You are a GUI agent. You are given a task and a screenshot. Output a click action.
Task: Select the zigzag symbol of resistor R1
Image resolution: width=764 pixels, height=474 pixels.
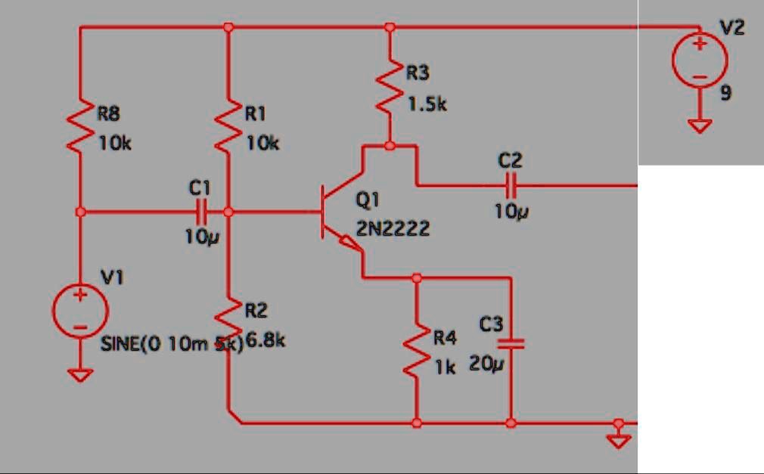pyautogui.click(x=228, y=127)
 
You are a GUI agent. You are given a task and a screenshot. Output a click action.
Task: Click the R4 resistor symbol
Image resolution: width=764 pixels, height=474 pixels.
pyautogui.click(x=416, y=352)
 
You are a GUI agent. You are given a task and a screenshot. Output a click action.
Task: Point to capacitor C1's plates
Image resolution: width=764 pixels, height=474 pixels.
pyautogui.click(x=202, y=212)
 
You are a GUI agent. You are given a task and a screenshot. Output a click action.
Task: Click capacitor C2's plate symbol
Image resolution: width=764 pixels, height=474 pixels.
pyautogui.click(x=511, y=184)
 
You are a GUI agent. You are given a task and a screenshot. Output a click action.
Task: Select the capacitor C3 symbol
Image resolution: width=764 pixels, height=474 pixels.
pyautogui.click(x=511, y=344)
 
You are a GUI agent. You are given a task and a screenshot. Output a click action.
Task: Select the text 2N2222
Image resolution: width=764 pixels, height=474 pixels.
pyautogui.click(x=393, y=228)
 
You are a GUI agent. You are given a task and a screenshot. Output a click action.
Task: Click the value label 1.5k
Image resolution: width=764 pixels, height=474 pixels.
pyautogui.click(x=427, y=104)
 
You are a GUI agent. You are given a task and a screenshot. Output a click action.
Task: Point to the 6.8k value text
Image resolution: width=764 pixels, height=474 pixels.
pyautogui.click(x=265, y=341)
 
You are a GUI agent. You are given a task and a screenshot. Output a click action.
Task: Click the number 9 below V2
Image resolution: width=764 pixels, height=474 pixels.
pyautogui.click(x=726, y=94)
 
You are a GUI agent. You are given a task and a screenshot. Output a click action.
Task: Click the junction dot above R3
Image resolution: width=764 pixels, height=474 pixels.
pyautogui.click(x=390, y=27)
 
